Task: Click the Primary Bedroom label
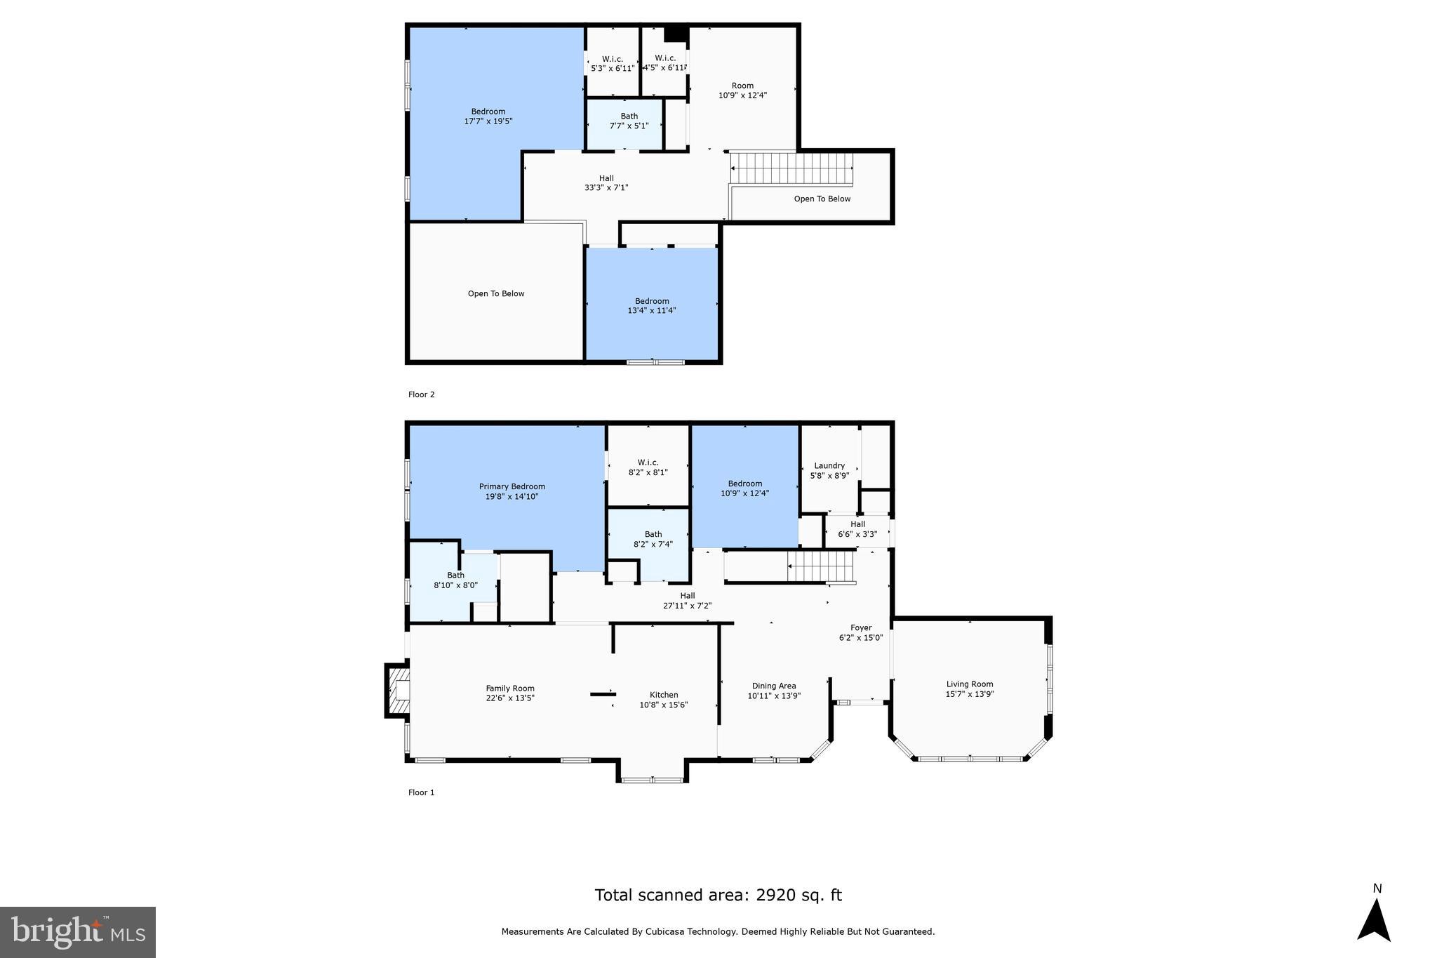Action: tap(512, 486)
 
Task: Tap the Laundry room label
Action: tap(829, 465)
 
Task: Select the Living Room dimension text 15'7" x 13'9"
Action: tap(970, 694)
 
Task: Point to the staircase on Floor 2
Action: tap(791, 169)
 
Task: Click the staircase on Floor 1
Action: tap(821, 566)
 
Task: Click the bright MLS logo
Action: tap(78, 932)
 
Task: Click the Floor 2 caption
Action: tap(422, 394)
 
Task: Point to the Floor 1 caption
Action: tap(422, 792)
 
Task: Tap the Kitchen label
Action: tap(663, 695)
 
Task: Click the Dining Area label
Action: tap(774, 686)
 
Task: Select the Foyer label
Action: tap(861, 628)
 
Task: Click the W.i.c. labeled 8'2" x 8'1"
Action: tap(648, 467)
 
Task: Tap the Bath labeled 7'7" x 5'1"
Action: tap(629, 121)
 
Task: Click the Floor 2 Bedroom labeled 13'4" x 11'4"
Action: tap(652, 305)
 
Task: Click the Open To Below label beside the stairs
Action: tap(822, 199)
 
